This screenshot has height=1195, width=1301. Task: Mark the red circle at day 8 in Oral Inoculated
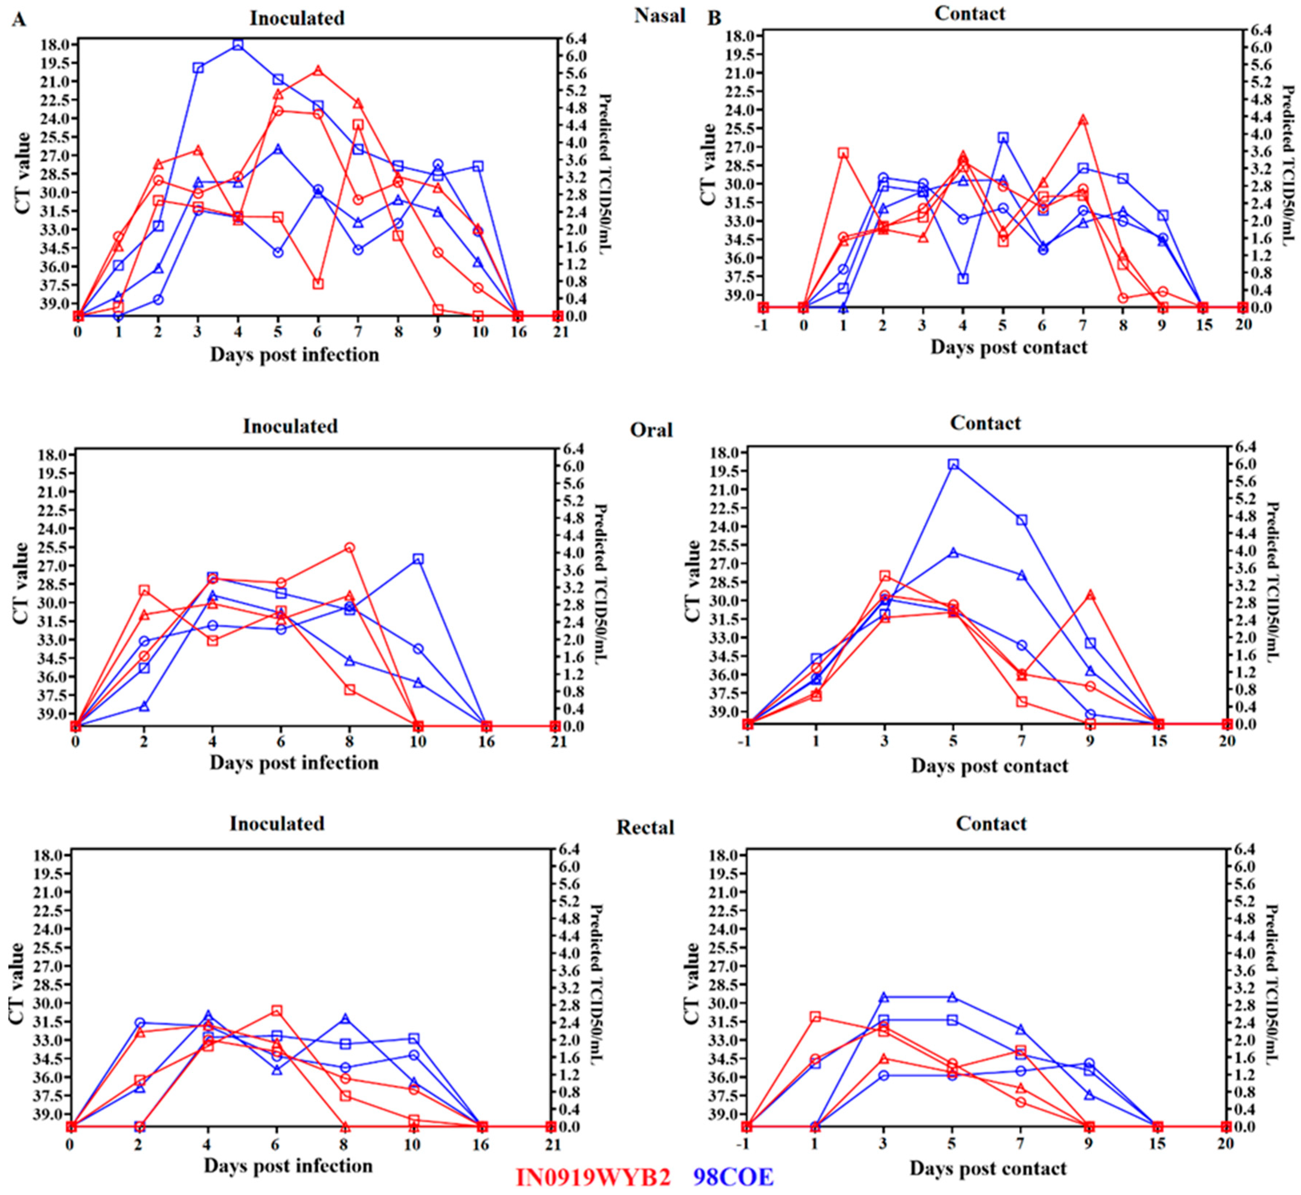pyautogui.click(x=350, y=548)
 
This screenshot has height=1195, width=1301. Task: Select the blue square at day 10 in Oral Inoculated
pyautogui.click(x=418, y=559)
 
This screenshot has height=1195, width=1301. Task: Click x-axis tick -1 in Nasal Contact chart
pyautogui.click(x=764, y=323)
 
